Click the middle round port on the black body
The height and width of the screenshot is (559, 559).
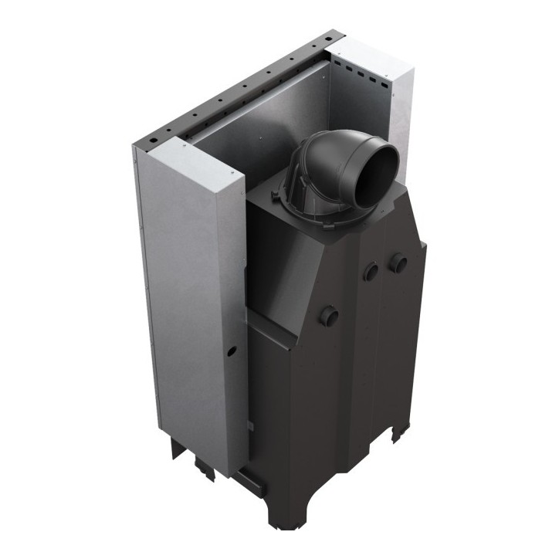pyautogui.click(x=371, y=271)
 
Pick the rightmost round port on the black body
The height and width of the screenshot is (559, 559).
pyautogui.click(x=398, y=263)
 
